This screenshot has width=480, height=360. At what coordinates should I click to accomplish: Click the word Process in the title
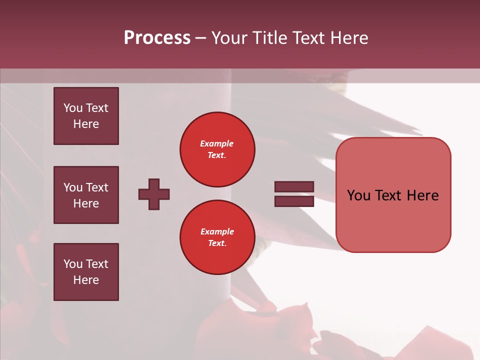tap(157, 38)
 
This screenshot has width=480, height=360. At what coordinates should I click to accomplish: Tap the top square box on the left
tap(86, 116)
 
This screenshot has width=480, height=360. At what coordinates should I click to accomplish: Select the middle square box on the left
tap(86, 195)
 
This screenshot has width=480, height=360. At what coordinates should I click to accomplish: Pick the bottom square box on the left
tap(86, 272)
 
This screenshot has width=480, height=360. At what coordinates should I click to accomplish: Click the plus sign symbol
tap(154, 194)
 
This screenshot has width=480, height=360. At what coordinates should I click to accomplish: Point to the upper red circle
tap(217, 149)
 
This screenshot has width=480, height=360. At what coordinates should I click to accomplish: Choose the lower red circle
tap(217, 237)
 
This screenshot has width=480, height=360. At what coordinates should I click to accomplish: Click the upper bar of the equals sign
tap(294, 187)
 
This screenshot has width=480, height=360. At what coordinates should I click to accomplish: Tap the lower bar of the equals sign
tap(294, 201)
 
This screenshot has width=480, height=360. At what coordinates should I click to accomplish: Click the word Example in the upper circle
tap(217, 143)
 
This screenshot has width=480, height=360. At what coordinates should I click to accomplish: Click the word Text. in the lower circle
tap(217, 243)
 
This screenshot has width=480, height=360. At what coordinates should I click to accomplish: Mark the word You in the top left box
tap(73, 108)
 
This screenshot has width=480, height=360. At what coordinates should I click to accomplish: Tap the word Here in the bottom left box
tap(86, 280)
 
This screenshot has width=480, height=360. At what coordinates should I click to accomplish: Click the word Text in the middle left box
tap(97, 187)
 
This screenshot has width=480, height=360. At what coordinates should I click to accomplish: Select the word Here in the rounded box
tap(422, 195)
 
